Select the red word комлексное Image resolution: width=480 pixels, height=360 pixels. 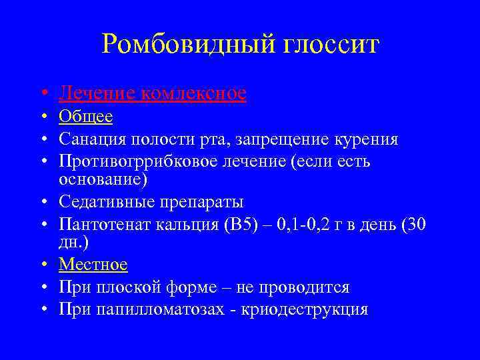[194, 93]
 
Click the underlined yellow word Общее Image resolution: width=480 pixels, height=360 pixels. [85, 117]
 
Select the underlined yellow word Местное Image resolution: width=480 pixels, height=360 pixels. [93, 265]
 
